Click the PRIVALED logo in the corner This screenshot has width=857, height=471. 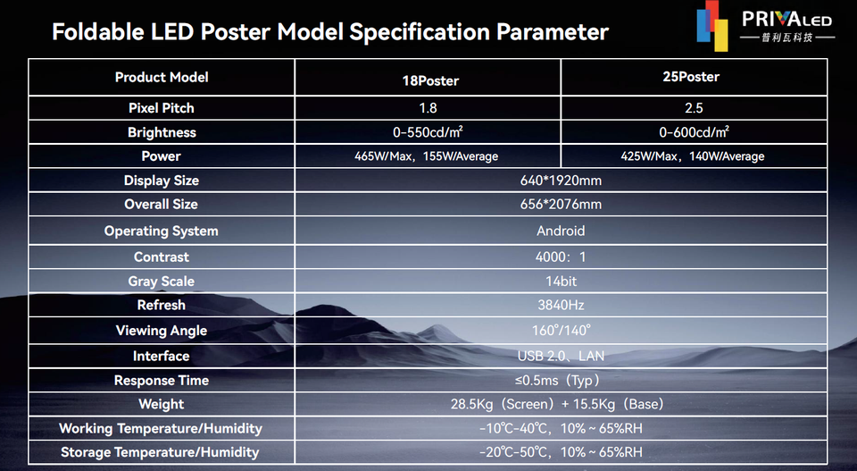[765, 25]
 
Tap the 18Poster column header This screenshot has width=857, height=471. [430, 81]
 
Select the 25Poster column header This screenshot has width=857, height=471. [691, 77]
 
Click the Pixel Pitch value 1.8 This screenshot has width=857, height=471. [428, 108]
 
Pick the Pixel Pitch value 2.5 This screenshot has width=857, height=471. [694, 108]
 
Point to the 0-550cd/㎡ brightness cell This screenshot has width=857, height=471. [428, 132]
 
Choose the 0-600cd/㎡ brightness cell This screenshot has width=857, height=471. [694, 132]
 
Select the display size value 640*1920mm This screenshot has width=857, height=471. [561, 181]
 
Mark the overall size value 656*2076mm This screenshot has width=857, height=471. [561, 205]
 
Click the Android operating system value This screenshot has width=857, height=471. [561, 231]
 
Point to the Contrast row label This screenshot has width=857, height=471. [162, 257]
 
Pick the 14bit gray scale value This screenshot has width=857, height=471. [561, 282]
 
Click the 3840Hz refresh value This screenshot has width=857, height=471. [561, 306]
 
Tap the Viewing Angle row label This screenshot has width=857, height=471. [162, 331]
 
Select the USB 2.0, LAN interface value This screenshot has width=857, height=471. [561, 356]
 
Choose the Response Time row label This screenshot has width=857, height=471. [162, 381]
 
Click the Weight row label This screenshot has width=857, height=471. [162, 404]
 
